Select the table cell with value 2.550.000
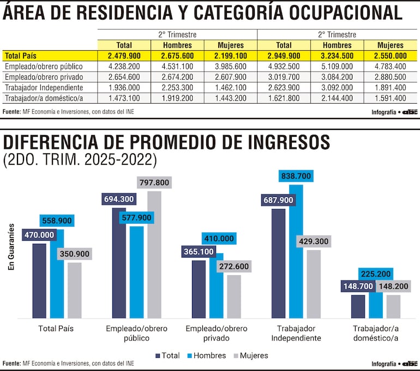391,56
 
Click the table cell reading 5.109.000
338,67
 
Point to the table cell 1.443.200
231,98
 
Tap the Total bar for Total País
39,281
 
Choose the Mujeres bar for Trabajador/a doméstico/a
393,307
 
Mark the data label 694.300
119,200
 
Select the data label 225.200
376,274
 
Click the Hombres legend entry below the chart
206,355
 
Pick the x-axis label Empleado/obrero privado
217,333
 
